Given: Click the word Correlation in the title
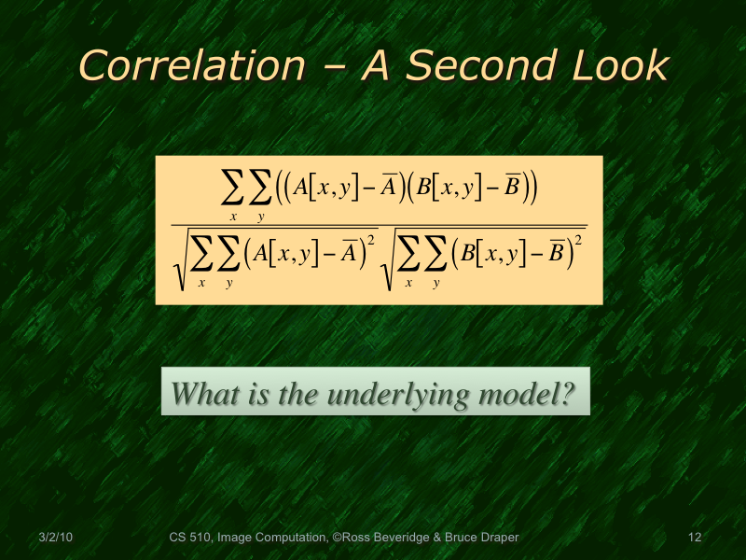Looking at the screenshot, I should pos(191,65).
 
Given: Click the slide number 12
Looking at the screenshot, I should pos(694,538).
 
